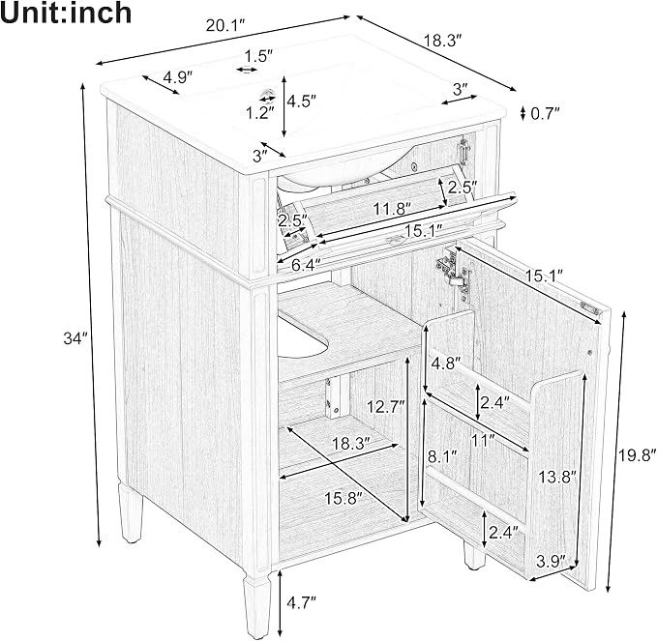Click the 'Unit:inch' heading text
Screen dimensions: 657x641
[x=66, y=14]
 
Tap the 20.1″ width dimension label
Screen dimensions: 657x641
[x=224, y=26]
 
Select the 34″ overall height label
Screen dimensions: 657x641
[x=75, y=337]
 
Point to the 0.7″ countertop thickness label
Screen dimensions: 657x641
[x=545, y=113]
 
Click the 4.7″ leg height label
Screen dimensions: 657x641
[x=301, y=602]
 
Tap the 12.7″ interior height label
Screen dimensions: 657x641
[x=385, y=406]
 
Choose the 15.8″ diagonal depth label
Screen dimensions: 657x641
[x=343, y=498]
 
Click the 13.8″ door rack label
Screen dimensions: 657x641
[x=557, y=477]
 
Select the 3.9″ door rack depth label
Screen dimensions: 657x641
[x=551, y=561]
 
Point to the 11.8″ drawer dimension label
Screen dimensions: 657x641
[x=392, y=209]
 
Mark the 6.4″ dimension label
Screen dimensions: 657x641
[x=307, y=265]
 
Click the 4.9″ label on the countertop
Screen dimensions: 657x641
[x=178, y=77]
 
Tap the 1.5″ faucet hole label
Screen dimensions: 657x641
[x=258, y=56]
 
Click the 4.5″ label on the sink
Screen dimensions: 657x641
[x=301, y=101]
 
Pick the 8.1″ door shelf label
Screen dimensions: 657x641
[x=441, y=456]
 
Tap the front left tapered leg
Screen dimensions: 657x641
[x=256, y=606]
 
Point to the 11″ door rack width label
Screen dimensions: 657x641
[x=483, y=440]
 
